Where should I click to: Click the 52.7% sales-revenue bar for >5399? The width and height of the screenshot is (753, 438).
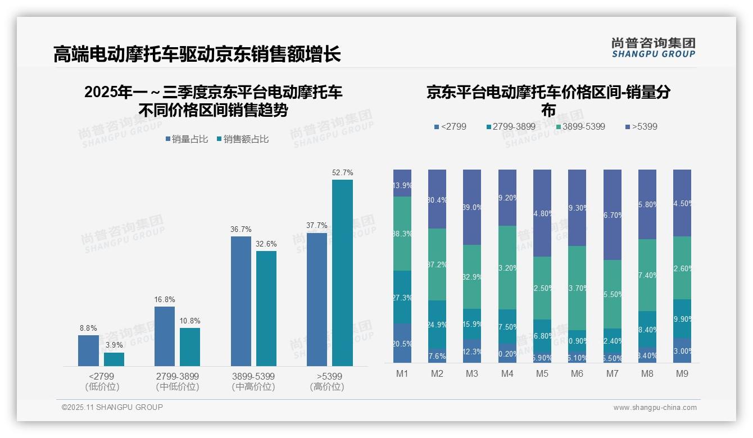click(x=342, y=273)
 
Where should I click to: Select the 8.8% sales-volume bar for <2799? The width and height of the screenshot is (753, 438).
click(x=88, y=350)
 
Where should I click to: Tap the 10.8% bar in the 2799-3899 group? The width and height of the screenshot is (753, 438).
click(x=190, y=347)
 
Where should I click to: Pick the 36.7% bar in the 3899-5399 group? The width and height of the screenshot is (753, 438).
click(x=241, y=301)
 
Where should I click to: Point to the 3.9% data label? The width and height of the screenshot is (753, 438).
click(x=114, y=345)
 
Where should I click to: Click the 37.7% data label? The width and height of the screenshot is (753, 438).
click(x=317, y=225)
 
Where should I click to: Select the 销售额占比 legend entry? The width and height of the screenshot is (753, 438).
click(x=242, y=139)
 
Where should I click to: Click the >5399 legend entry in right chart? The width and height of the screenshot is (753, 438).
click(x=641, y=127)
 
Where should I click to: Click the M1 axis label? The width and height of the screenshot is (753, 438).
click(x=402, y=373)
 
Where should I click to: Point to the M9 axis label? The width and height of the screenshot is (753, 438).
click(x=682, y=373)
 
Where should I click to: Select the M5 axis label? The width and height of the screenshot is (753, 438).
click(x=542, y=373)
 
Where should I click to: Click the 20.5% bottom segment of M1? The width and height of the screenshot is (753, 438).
click(x=402, y=343)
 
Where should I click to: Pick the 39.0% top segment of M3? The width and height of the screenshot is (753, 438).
click(x=472, y=207)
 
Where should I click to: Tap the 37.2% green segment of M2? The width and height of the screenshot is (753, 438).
click(x=437, y=264)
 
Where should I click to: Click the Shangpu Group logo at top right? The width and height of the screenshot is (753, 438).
click(x=653, y=47)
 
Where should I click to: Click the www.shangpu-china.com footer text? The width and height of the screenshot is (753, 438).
click(x=655, y=408)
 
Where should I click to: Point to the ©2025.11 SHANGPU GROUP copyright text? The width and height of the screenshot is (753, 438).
click(x=112, y=407)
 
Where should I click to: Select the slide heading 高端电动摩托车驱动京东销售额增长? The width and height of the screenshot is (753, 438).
click(x=197, y=54)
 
